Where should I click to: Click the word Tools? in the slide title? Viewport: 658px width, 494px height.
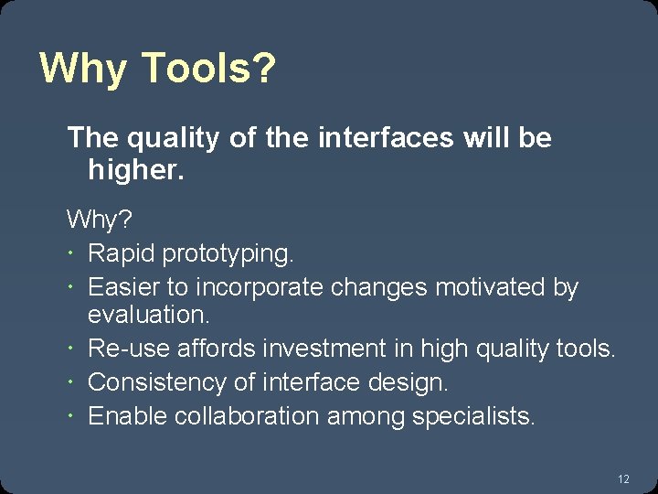coord(209,69)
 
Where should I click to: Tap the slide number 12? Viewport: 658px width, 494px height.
coord(623,478)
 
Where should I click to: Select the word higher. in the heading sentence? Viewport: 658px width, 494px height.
coord(136,170)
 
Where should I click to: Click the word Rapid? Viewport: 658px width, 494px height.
coord(122,252)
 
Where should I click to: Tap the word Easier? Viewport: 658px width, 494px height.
coord(123,287)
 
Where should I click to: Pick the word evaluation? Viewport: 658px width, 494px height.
coord(149,315)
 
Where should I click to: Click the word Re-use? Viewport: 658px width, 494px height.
coord(127,349)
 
